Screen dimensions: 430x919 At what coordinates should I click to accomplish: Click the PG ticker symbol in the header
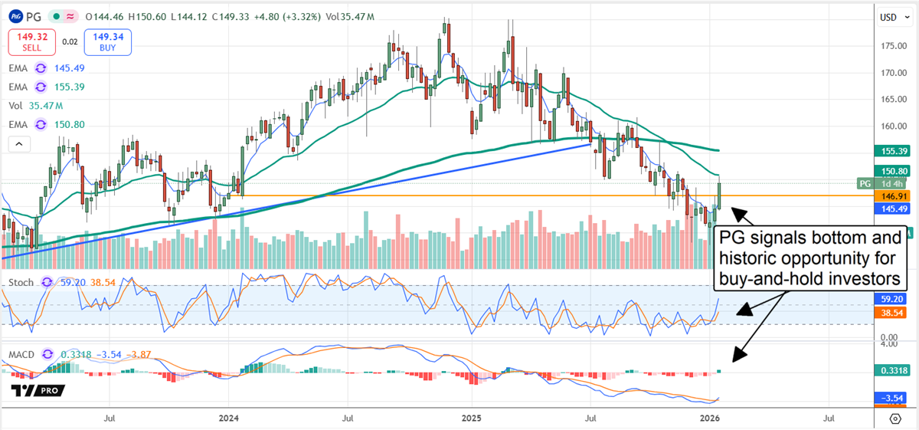coord(34,16)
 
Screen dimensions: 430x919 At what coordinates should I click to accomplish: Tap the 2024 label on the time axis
coord(228,419)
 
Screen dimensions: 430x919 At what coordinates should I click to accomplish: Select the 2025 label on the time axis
coord(471,419)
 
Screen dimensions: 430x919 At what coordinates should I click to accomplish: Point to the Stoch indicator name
coord(21,283)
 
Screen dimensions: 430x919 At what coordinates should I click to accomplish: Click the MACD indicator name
coord(21,355)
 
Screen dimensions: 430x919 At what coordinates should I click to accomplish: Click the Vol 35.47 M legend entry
coord(38,105)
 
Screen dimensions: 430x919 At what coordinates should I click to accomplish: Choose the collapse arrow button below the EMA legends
coord(19,143)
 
